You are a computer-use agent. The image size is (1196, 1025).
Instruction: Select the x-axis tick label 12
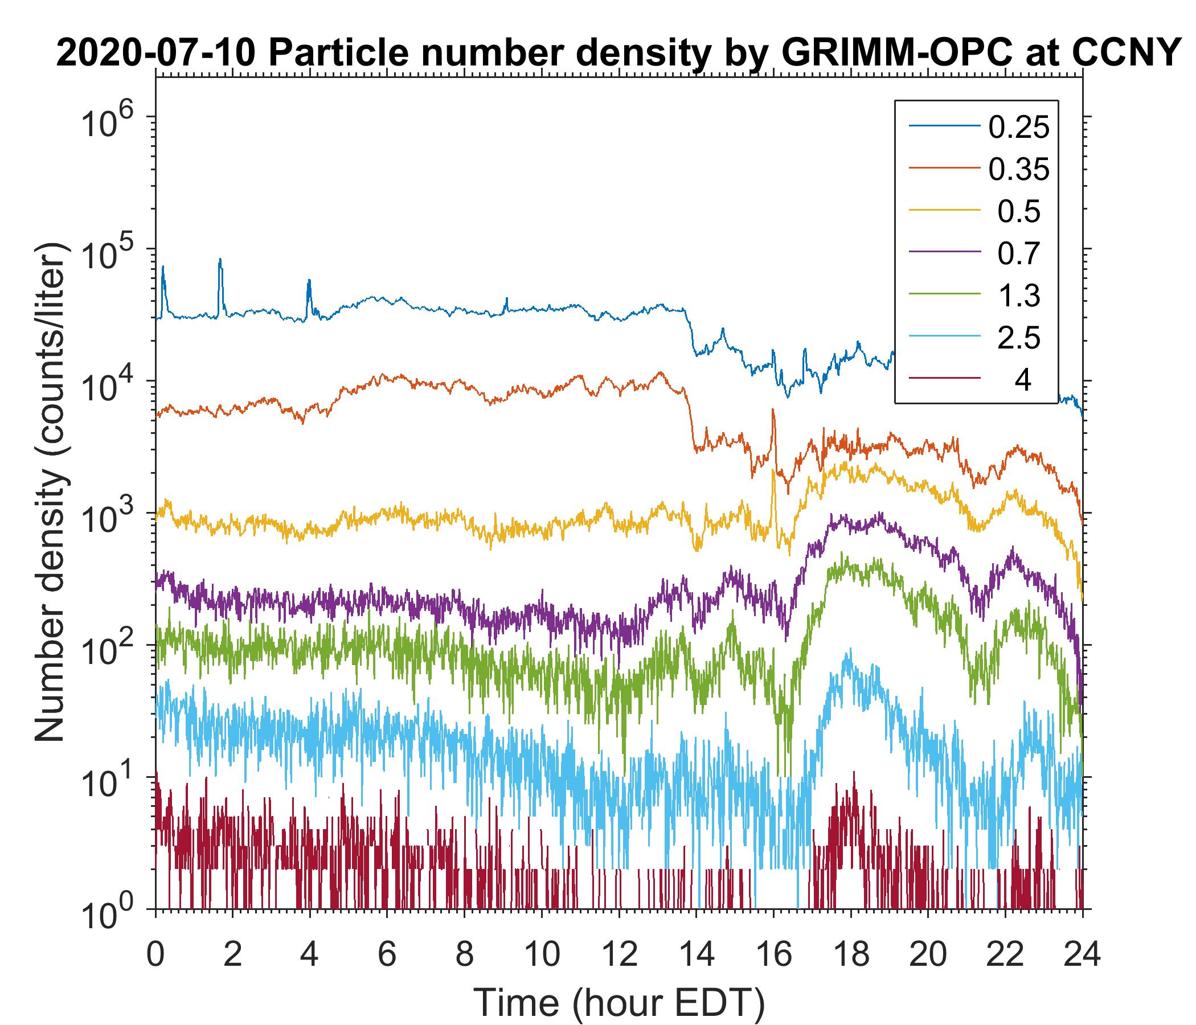tap(619, 955)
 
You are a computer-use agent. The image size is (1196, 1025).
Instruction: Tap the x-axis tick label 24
tap(1082, 955)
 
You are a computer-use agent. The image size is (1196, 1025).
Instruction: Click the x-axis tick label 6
tap(387, 955)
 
